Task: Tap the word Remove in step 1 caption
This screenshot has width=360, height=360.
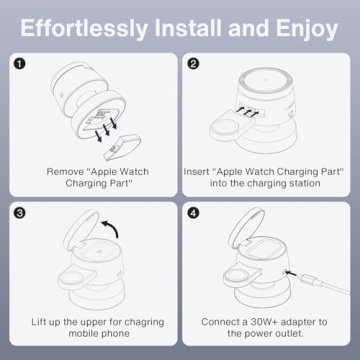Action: [x=66, y=171]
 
